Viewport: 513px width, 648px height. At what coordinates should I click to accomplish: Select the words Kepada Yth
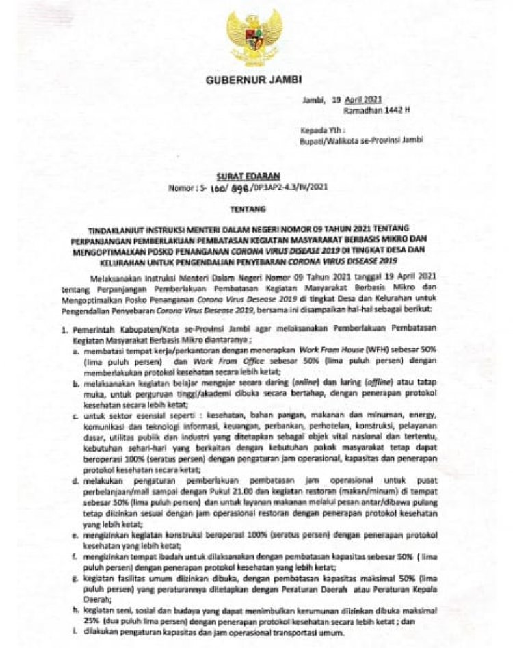coord(323,129)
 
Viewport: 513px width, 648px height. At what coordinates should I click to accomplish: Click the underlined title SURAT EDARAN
coord(253,176)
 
